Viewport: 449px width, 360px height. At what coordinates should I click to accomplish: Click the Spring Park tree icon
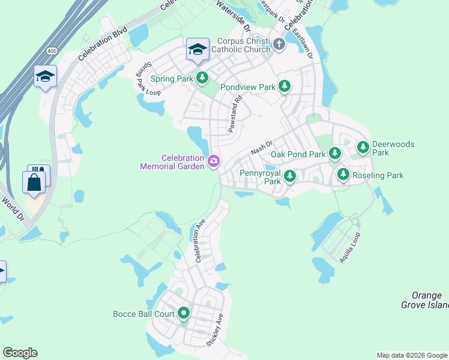203,78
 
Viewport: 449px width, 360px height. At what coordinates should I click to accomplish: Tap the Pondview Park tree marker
285,87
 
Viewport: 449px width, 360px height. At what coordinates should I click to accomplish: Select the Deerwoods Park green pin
363,147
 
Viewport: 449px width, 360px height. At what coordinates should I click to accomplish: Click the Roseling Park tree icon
343,175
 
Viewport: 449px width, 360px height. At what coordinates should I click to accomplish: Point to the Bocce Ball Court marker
183,313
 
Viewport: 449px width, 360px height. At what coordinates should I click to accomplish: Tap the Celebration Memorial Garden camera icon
213,161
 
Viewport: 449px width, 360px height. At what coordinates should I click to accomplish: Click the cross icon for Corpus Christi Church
279,44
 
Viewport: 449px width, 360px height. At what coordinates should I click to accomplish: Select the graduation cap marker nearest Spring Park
197,50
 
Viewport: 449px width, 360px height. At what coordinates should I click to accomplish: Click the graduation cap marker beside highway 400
45,77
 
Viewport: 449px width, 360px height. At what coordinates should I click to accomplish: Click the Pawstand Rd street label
234,114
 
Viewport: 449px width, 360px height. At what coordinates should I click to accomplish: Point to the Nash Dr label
262,147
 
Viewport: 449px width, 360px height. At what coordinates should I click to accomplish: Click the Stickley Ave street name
215,329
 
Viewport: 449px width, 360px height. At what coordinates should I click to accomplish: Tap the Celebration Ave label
200,241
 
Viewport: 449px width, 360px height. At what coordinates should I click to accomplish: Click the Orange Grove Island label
425,300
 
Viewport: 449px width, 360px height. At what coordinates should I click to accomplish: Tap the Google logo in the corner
20,353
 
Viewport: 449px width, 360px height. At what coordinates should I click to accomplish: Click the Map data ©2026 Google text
411,355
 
